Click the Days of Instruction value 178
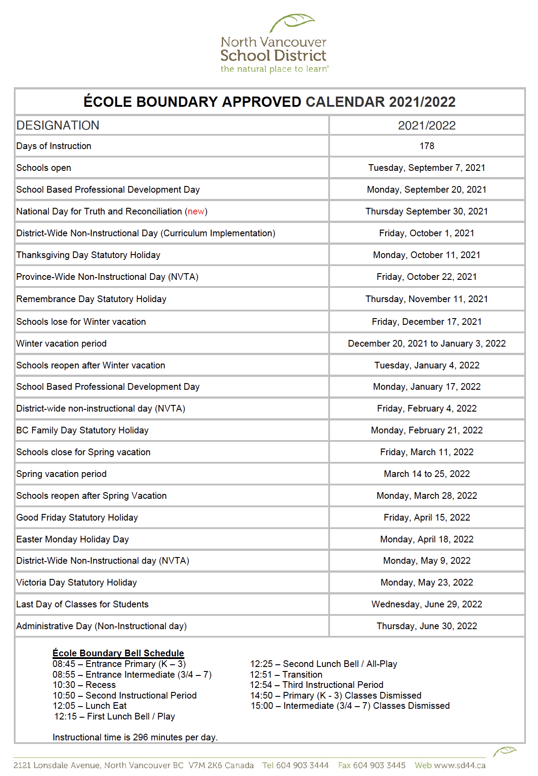point(427,146)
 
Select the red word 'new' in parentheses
point(196,211)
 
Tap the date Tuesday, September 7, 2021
point(427,168)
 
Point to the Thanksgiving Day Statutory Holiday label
point(88,255)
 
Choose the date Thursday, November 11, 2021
point(427,299)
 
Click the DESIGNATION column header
point(58,125)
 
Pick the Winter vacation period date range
point(427,344)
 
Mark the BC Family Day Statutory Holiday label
point(82,430)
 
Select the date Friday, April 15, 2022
point(427,517)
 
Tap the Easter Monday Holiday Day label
point(73,539)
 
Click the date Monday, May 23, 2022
point(427,582)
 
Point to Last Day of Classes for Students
point(82,604)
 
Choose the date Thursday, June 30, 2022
point(427,626)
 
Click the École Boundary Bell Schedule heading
point(118,653)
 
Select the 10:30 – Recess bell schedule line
point(84,685)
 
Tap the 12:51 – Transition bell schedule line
point(286,675)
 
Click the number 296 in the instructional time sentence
point(140,737)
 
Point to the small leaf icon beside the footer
point(504,752)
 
